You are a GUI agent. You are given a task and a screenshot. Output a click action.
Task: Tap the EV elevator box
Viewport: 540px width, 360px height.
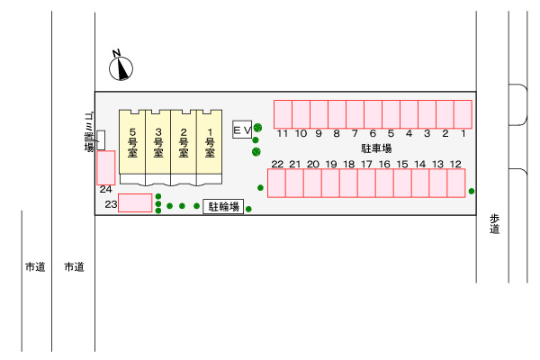pos(241,131)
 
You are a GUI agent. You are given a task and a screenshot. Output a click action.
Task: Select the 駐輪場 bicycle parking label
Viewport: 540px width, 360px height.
pos(224,207)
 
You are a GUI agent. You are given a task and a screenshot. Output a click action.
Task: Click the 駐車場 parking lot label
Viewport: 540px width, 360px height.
pos(376,148)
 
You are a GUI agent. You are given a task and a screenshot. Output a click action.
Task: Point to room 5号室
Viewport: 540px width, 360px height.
pos(132,142)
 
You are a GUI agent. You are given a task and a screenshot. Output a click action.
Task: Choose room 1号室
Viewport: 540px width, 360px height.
pos(209,142)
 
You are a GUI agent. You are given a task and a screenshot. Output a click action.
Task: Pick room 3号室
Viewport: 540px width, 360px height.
pos(158,142)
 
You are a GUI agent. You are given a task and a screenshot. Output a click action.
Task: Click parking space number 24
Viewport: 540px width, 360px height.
pos(106,166)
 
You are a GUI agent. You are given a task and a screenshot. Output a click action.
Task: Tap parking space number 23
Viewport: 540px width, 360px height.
pos(136,203)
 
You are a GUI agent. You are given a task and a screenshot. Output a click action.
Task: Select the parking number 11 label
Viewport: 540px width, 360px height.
pos(283,134)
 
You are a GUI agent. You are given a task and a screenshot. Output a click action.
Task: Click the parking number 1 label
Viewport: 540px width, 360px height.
pos(463,134)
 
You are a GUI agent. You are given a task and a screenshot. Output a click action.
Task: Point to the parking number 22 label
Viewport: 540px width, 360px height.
pos(277,164)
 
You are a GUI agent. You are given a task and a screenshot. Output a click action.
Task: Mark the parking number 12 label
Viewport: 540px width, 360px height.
pos(456,164)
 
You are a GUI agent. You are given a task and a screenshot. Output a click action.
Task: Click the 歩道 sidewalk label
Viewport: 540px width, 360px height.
pos(495,224)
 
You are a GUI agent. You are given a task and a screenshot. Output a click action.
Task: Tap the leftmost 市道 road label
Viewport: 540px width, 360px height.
pos(34,267)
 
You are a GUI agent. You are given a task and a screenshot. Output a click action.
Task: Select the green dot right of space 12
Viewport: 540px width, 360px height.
pos(472,191)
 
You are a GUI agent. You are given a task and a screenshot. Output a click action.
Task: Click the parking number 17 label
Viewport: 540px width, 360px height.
pos(366,164)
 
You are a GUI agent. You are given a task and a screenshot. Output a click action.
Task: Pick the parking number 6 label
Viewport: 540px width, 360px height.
pos(373,134)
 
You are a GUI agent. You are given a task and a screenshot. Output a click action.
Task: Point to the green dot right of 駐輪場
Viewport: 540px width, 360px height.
pos(248,210)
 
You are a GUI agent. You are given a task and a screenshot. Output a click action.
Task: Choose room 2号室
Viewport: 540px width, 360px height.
pos(184,142)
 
